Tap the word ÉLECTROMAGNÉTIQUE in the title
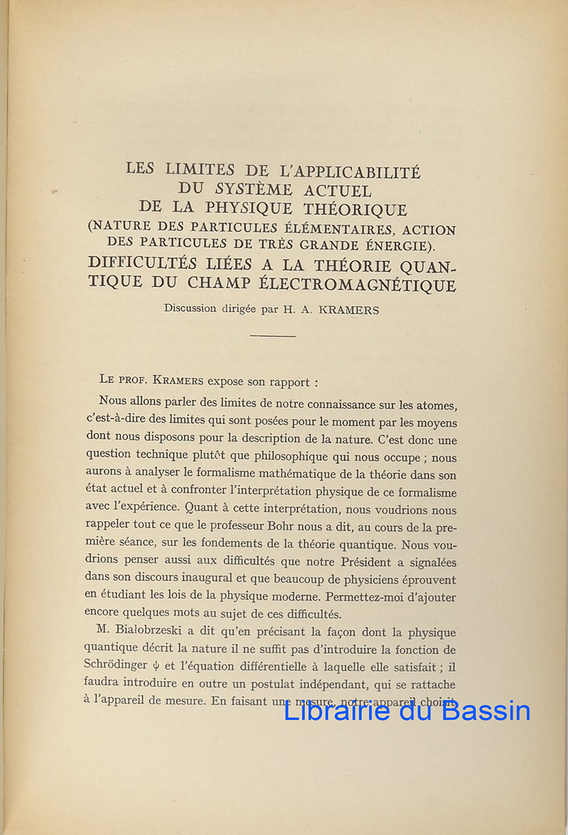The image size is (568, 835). [x=377, y=285]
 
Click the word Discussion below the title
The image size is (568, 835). [x=190, y=309]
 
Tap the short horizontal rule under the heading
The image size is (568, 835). [x=273, y=336]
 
